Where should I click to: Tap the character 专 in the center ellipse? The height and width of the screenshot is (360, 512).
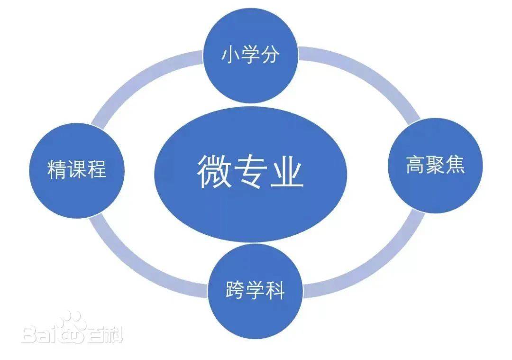point(251,171)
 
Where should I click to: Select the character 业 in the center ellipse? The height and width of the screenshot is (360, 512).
point(287,171)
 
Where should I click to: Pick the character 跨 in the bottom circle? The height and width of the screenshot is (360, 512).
point(235,290)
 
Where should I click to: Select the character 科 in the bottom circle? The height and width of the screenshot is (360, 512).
point(275,290)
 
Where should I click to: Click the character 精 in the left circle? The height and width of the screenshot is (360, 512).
point(57,169)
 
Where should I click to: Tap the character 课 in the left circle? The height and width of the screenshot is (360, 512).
point(77,169)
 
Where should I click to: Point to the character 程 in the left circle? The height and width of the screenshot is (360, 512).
point(97,169)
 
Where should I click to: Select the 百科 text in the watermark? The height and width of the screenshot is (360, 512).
point(104,334)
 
